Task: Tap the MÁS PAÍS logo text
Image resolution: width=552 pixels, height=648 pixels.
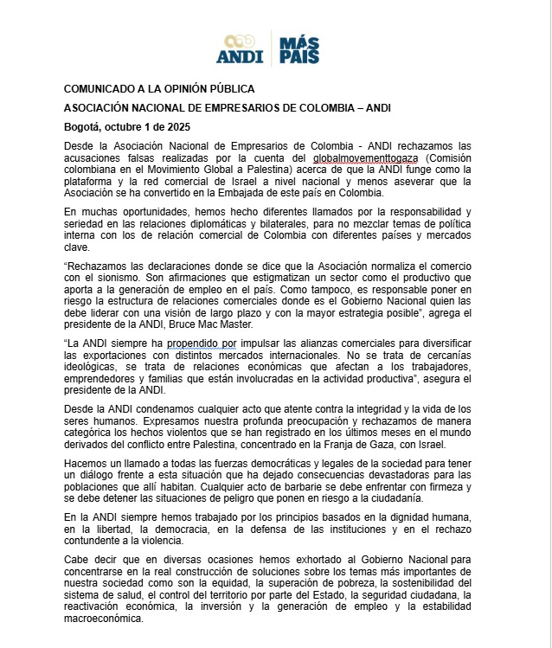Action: [x=299, y=49]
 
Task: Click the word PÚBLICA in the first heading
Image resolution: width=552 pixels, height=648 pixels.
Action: [x=229, y=89]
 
